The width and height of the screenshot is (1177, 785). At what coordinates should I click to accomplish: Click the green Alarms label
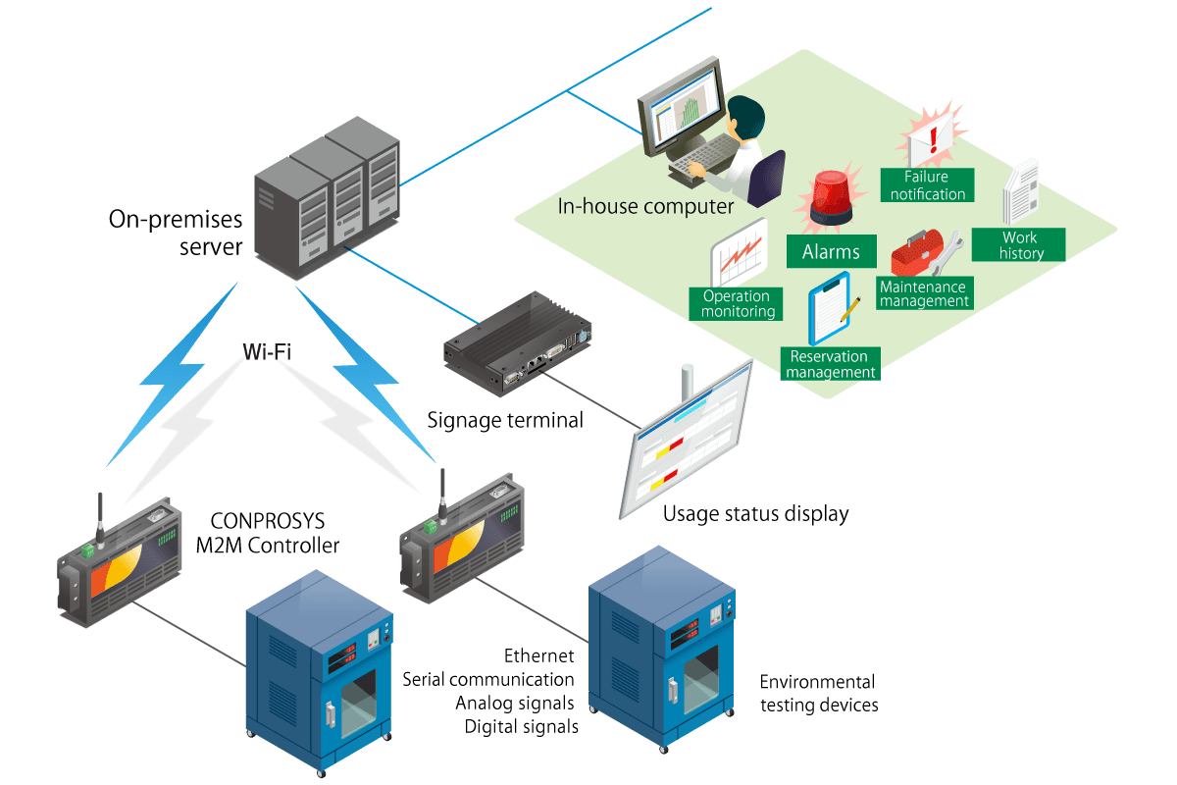coord(830,251)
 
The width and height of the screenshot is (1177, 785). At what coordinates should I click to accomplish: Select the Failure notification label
coord(927,185)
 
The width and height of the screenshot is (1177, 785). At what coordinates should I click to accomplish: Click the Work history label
coord(1019,245)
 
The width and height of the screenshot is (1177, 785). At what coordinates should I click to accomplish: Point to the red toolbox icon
coord(917,254)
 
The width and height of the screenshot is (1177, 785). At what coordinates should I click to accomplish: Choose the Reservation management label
coord(830,364)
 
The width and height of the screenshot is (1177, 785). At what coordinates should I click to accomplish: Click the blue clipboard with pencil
coord(831,309)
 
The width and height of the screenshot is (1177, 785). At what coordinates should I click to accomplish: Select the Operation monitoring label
coord(737,304)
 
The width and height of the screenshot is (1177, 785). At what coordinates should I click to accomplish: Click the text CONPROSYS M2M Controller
coord(267,531)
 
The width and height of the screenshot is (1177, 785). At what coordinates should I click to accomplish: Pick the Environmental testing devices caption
coord(818,693)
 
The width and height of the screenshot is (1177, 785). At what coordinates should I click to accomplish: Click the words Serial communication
coord(488,679)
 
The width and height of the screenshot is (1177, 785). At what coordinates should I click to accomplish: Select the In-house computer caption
coord(644,207)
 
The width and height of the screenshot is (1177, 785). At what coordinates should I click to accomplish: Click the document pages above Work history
coord(1020,193)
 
